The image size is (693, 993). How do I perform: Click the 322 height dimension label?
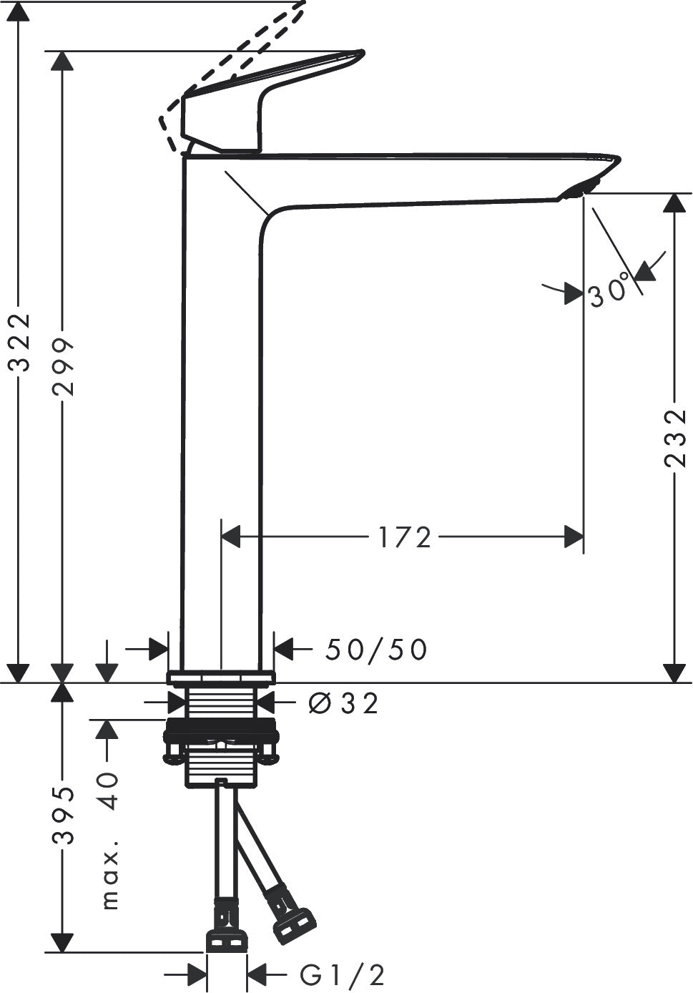pyautogui.click(x=19, y=342)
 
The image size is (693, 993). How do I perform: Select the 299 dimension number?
pyautogui.click(x=62, y=366)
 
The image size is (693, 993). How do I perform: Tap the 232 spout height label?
pyautogui.click(x=675, y=439)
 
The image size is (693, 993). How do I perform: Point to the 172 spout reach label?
pyautogui.click(x=405, y=537)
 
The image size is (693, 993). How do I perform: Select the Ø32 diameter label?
pyautogui.click(x=344, y=703)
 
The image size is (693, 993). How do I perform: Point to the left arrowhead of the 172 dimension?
pyautogui.click(x=230, y=537)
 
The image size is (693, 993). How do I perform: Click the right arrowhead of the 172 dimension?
pyautogui.click(x=574, y=537)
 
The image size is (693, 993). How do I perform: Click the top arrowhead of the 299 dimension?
pyautogui.click(x=62, y=62)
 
